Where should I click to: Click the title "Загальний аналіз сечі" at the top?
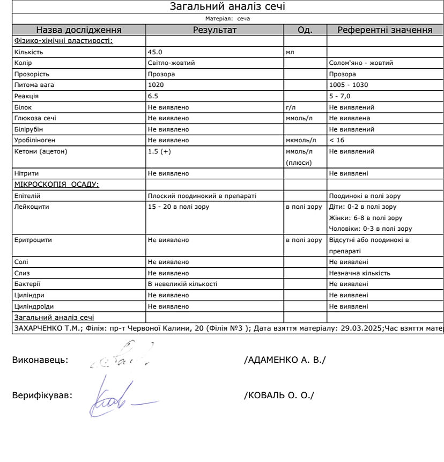click(227, 6)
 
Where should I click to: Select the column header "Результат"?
click(214, 30)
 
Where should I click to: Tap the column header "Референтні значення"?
click(384, 30)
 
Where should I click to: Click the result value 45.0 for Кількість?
click(155, 52)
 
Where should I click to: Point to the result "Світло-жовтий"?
click(171, 63)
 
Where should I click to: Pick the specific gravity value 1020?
click(156, 85)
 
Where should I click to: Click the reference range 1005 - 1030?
click(349, 85)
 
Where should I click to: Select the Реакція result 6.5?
click(153, 96)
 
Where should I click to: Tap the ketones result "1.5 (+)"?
click(159, 151)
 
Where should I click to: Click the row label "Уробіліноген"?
click(34, 140)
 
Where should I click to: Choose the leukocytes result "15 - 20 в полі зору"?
click(179, 207)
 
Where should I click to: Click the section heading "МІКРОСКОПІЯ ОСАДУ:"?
click(57, 185)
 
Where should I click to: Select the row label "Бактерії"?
click(27, 284)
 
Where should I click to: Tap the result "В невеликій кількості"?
click(182, 284)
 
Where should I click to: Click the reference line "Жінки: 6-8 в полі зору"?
click(365, 218)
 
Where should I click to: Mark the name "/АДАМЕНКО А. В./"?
click(284, 360)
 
